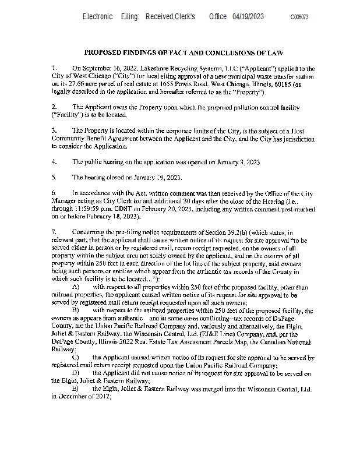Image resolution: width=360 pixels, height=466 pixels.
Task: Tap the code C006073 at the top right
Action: tap(299, 17)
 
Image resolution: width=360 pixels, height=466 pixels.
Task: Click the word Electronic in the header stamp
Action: tap(97, 17)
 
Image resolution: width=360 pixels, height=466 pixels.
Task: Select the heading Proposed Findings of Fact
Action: tap(183, 52)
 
